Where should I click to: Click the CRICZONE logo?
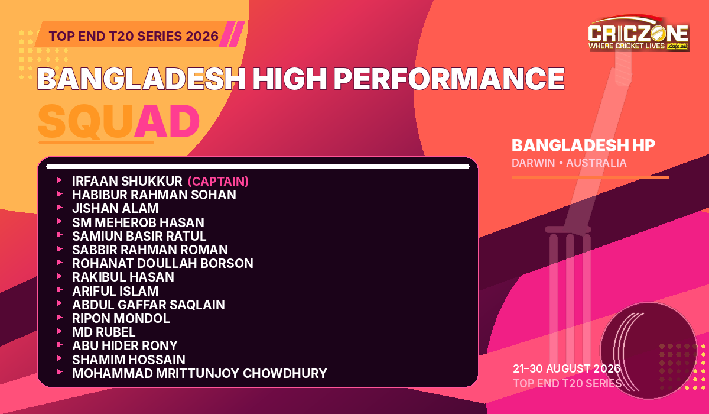pos(639,33)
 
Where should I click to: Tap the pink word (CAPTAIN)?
pos(218,182)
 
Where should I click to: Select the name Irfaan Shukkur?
pos(127,181)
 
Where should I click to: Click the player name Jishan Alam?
pos(115,208)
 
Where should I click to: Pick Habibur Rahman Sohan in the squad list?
pos(154,195)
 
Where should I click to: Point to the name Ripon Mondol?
pos(121,318)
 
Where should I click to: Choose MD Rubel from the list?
pos(104,332)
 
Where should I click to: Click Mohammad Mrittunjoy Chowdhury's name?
pos(200,373)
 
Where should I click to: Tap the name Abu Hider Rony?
pos(125,345)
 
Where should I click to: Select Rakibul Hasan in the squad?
pos(123,277)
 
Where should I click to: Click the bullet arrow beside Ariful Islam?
pos(60,290)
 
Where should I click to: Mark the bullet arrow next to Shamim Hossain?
pos(60,358)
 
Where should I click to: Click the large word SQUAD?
pos(119,121)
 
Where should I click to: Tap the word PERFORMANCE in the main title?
pos(449,79)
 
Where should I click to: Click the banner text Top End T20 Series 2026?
pos(134,36)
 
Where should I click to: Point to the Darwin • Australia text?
pos(569,163)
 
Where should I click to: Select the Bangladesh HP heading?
pos(583,145)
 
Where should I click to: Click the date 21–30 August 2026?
pos(567,368)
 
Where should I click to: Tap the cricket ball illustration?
pos(649,350)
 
